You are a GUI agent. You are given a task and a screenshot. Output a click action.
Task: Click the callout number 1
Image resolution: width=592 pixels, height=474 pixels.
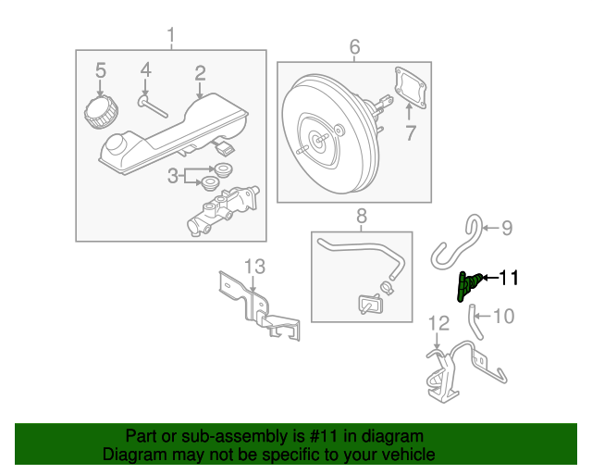tap(170, 36)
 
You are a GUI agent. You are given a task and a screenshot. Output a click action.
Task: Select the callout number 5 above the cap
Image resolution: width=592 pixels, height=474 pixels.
tap(101, 69)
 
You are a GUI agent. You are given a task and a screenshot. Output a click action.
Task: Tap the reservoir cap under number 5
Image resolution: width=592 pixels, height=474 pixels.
tap(100, 114)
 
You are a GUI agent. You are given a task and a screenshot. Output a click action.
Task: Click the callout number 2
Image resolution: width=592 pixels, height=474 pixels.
tap(200, 72)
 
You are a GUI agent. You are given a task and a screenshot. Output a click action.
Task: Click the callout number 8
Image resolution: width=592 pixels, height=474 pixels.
tap(361, 216)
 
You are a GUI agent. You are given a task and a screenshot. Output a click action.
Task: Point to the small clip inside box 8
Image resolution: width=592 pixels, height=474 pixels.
tap(370, 304)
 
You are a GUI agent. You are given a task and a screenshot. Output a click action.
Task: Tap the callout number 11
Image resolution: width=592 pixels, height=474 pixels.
tap(510, 277)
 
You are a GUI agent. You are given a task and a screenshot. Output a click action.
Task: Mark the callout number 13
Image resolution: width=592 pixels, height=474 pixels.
tap(254, 267)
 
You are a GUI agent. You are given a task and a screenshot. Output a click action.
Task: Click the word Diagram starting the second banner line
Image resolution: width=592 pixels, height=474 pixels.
tap(135, 455)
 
